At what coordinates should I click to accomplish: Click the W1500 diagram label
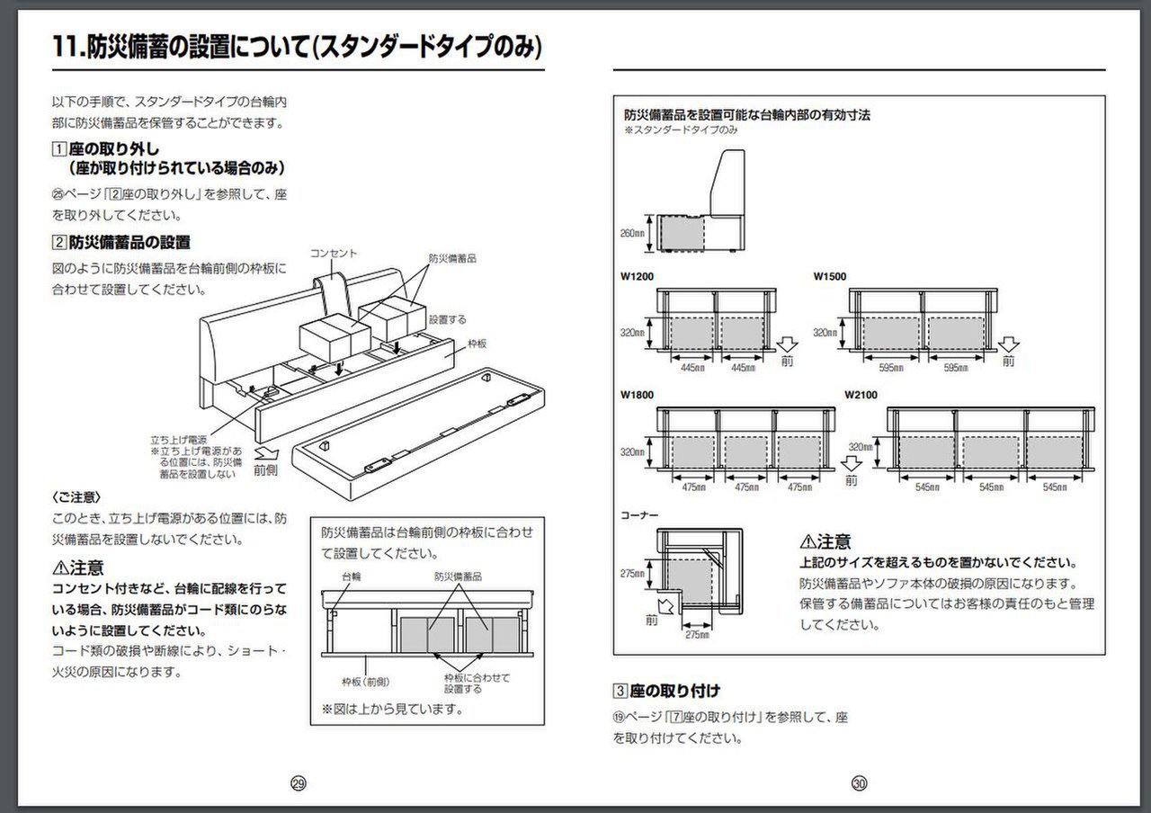830,276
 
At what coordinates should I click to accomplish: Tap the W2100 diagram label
861,394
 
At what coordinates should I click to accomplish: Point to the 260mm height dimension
633,233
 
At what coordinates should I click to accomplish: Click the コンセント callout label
334,254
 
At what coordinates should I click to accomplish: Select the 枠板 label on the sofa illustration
477,343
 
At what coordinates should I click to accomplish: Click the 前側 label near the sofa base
266,469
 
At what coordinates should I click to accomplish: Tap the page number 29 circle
299,783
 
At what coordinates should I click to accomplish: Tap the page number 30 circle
860,783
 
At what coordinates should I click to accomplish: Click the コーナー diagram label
640,516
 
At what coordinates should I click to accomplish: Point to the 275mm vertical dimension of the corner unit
633,573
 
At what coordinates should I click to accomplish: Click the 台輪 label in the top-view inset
351,576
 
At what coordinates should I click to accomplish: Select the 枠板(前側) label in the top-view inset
365,681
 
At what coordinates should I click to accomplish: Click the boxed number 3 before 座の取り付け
620,691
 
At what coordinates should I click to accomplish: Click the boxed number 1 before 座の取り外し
59,149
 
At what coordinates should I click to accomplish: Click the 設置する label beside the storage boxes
447,318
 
